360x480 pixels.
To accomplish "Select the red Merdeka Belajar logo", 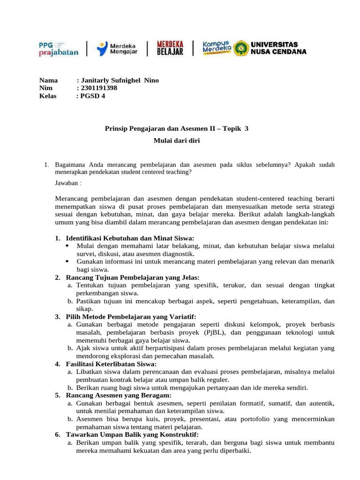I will coord(170,48).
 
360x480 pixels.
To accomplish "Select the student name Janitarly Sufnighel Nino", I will coord(120,80).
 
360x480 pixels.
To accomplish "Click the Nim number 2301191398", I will coord(99,88).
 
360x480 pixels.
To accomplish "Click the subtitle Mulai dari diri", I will coord(177,140).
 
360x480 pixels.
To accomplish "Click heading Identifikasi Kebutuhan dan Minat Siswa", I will coord(130,238).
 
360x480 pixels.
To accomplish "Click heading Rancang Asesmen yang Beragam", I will coord(119,396).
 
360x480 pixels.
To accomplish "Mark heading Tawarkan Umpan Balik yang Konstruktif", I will coord(132,435).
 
